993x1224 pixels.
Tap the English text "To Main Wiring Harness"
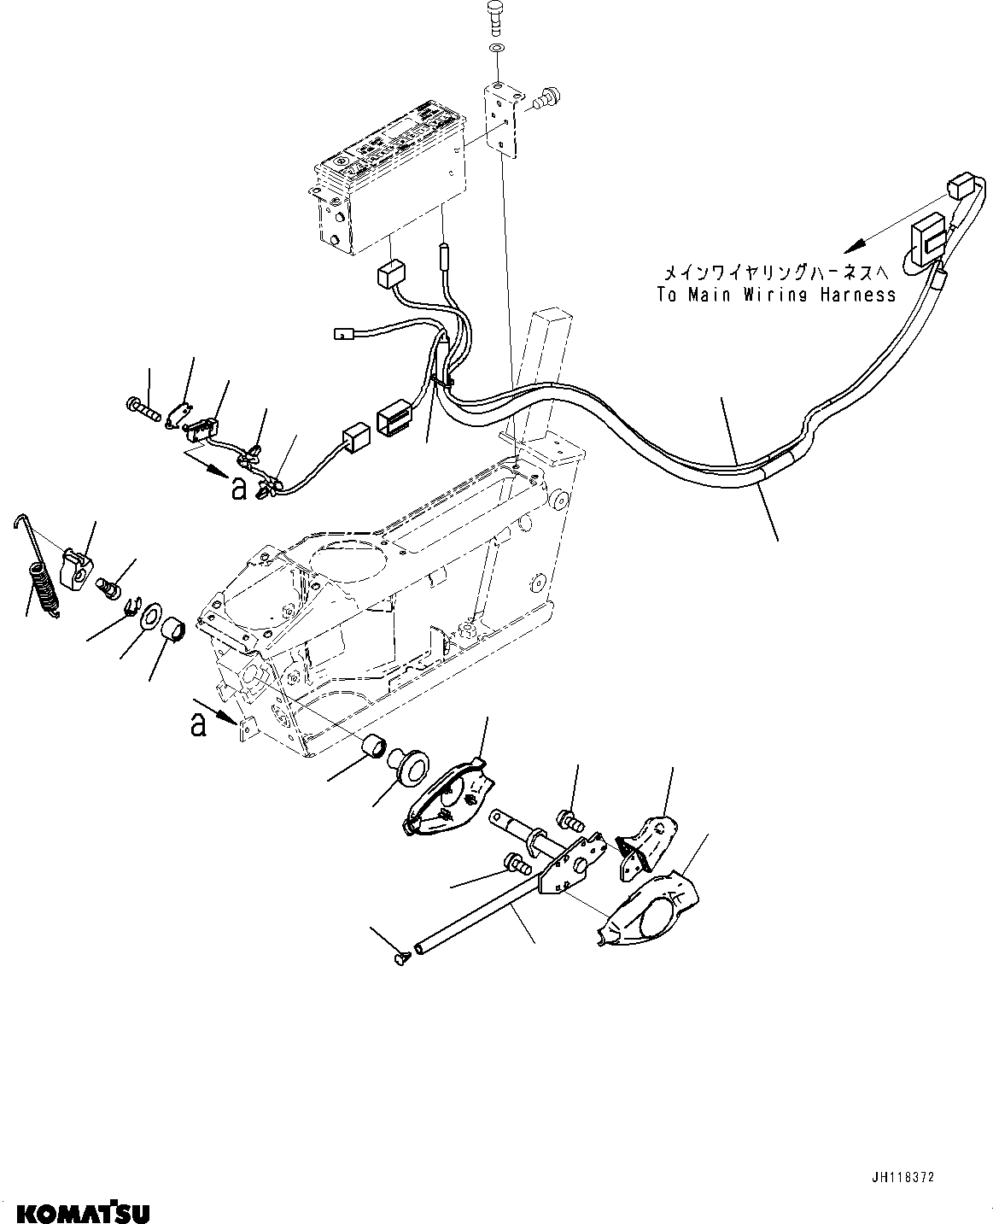click(776, 295)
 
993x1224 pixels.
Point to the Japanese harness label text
click(778, 272)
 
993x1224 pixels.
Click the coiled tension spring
click(44, 587)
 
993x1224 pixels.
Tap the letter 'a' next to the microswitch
click(238, 488)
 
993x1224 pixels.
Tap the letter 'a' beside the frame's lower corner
click(199, 725)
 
